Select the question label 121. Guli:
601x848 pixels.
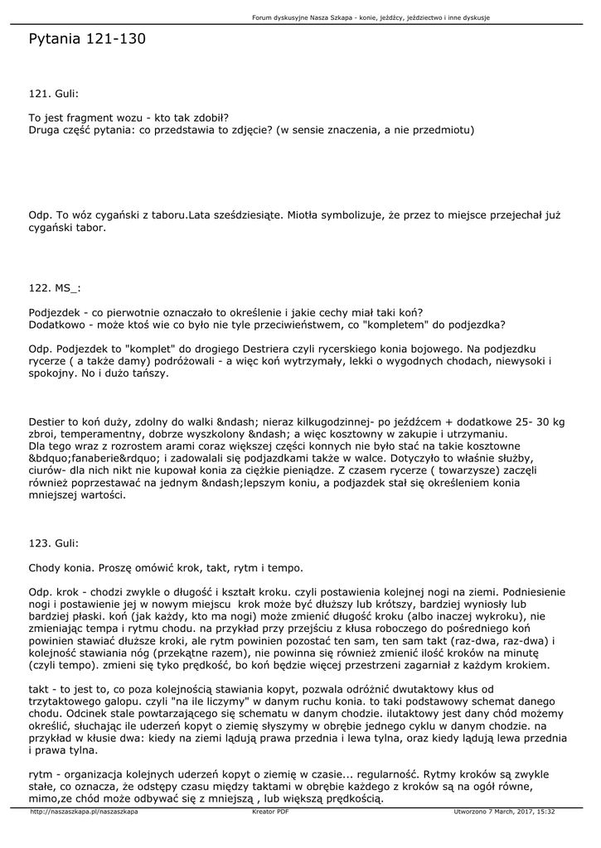pyautogui.click(x=54, y=94)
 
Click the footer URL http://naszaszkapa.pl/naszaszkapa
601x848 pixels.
pyautogui.click(x=83, y=812)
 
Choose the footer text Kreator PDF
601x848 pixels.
pyautogui.click(x=270, y=812)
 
